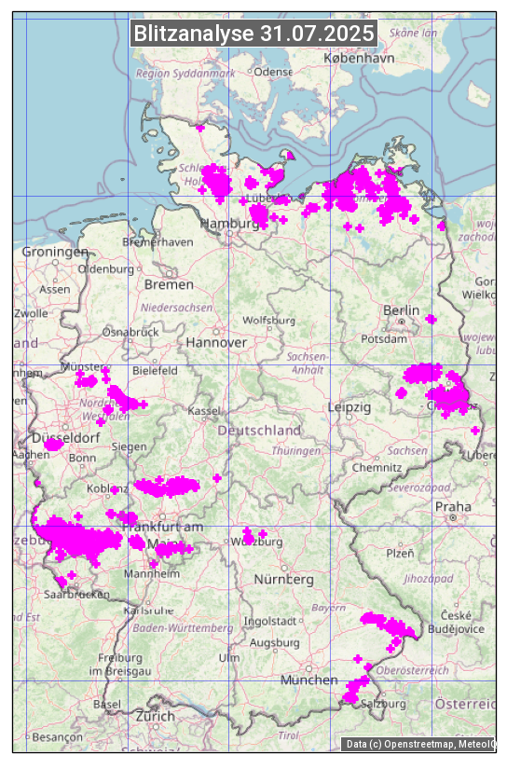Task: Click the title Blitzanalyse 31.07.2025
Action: (x=253, y=34)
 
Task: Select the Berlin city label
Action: (x=402, y=309)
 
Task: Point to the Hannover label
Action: (x=216, y=342)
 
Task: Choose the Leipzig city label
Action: (x=349, y=407)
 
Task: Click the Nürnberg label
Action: (x=284, y=579)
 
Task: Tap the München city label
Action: (x=309, y=680)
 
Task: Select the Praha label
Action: (x=453, y=506)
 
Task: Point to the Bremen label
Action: (x=169, y=283)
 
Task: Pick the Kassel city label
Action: (x=204, y=411)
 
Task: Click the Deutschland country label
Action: (x=259, y=431)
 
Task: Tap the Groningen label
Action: (x=55, y=252)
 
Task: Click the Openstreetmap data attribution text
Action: (x=418, y=744)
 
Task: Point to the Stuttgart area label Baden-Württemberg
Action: (x=183, y=628)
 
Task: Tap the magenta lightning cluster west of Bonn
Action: (x=53, y=445)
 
